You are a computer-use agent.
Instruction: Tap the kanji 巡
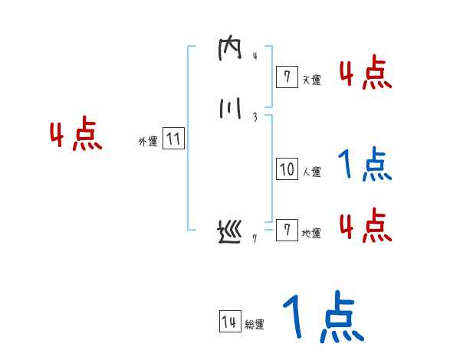(x=229, y=232)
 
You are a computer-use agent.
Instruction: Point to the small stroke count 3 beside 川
(x=254, y=117)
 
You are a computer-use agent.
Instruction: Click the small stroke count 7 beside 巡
(x=255, y=239)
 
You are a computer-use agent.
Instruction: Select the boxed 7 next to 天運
(x=287, y=76)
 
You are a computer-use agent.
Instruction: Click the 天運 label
(x=311, y=79)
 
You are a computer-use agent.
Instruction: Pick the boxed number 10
(x=287, y=169)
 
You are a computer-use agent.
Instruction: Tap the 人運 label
(x=311, y=172)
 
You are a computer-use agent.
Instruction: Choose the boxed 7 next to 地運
(x=287, y=231)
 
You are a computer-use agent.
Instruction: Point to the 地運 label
(x=311, y=234)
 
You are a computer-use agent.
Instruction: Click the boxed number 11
(x=173, y=139)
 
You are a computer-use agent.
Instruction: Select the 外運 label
(x=148, y=142)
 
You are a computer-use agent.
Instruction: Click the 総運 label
(x=255, y=325)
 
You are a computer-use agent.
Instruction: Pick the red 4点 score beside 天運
(x=365, y=74)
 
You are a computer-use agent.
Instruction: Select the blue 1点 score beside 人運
(x=365, y=165)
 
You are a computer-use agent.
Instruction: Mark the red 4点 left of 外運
(x=76, y=136)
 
